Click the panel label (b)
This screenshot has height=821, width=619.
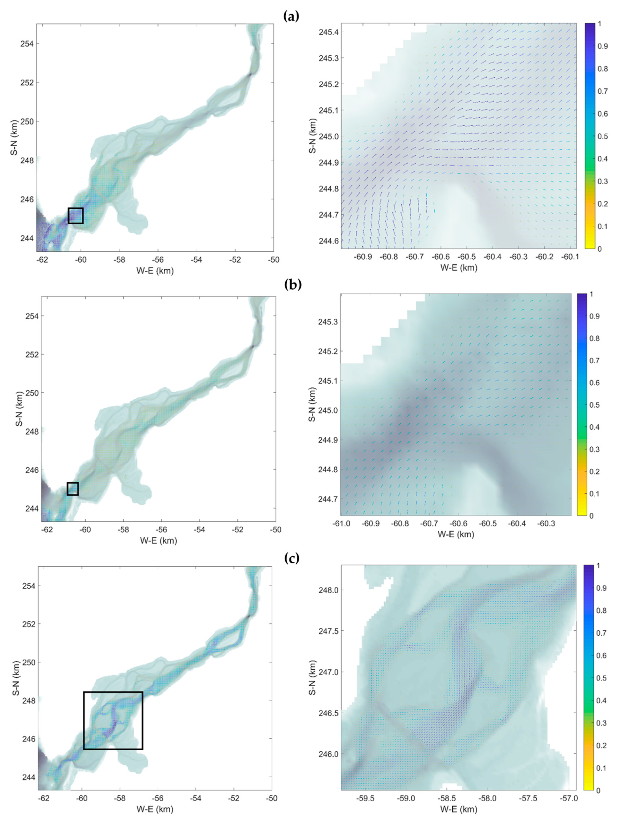(293, 284)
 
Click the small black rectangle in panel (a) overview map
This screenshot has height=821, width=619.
(75, 216)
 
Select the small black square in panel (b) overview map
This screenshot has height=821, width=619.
(72, 489)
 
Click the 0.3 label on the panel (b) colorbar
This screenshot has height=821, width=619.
(595, 449)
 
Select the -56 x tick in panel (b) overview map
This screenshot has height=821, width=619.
(161, 530)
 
